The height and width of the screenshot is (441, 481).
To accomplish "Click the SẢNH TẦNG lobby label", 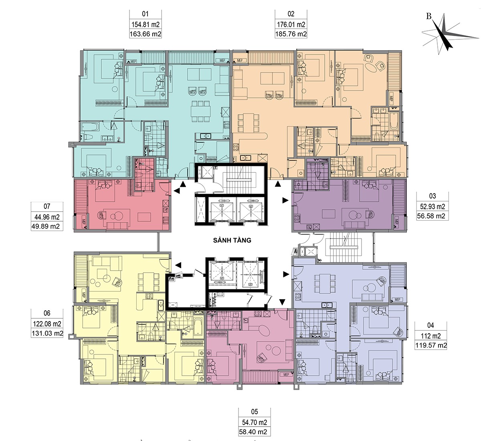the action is (232, 240).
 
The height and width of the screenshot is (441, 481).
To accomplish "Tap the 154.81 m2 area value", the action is (146, 24).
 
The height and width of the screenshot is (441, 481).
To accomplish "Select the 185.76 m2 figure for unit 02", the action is (291, 34).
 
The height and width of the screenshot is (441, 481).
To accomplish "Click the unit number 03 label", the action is (432, 196).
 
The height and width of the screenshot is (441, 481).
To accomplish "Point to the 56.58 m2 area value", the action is (432, 216).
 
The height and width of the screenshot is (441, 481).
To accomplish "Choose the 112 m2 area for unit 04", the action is (431, 336).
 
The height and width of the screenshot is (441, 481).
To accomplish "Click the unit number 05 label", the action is (255, 412).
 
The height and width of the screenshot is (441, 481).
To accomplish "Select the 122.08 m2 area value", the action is (47, 324).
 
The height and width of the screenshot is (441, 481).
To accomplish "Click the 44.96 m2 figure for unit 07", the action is (47, 217).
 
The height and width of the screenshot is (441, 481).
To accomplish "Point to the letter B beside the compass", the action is (429, 16).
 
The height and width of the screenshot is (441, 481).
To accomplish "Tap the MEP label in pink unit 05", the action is (286, 374).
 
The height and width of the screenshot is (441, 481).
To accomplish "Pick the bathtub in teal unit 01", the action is (90, 127).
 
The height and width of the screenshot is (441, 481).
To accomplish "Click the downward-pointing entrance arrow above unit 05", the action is (282, 302).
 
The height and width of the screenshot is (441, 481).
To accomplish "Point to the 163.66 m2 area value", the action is (146, 34).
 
